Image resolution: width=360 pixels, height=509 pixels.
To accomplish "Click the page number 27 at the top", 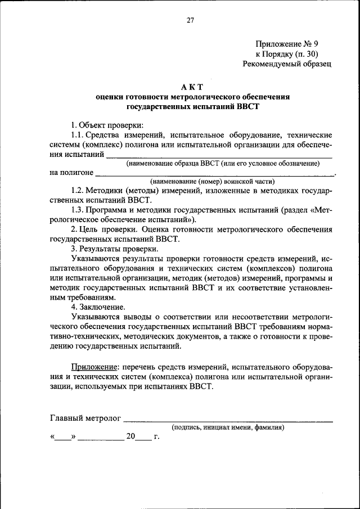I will click(x=190, y=21).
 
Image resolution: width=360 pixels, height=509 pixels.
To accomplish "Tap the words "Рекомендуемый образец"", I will click(x=287, y=64).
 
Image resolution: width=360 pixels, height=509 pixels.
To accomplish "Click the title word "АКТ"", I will click(x=192, y=87).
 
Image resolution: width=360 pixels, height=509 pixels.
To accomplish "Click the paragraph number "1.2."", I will click(x=79, y=192).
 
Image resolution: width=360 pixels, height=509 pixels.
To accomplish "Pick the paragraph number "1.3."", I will click(x=79, y=211).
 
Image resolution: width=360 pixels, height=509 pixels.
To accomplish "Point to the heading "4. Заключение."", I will click(x=98, y=308).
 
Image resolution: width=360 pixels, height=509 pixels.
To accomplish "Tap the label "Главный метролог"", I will click(x=85, y=419).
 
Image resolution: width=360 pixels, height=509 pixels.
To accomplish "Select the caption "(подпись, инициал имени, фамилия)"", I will click(x=228, y=427).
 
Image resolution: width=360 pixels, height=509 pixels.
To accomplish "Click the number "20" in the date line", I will click(x=130, y=436).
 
